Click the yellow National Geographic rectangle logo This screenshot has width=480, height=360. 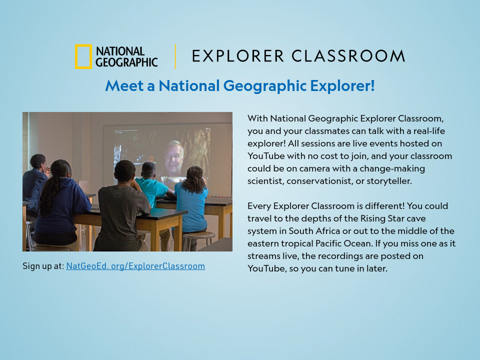coord(83,56)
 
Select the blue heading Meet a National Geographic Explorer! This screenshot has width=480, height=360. coord(239,85)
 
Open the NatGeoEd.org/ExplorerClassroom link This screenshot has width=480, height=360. coord(135,266)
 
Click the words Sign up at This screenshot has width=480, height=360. coord(43,266)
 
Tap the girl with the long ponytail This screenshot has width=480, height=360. coord(59,200)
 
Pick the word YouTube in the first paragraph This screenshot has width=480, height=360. coord(266,156)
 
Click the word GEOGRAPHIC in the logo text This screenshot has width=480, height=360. coord(126,62)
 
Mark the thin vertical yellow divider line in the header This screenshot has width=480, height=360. coord(175,56)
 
